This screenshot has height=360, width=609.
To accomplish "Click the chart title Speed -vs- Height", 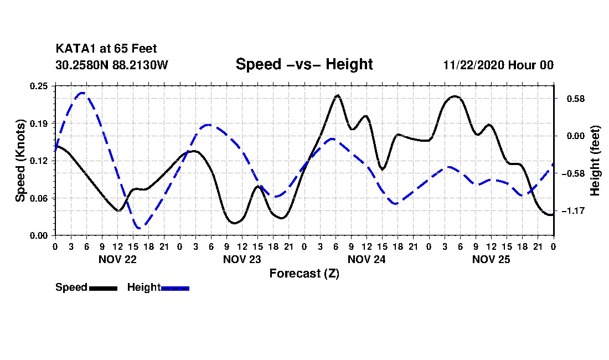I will (x=304, y=64).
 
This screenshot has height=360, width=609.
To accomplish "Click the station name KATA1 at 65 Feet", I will (x=106, y=49).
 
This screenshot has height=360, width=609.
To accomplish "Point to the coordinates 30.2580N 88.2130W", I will (x=112, y=65).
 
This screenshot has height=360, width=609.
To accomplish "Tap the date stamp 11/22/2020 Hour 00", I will (x=498, y=65).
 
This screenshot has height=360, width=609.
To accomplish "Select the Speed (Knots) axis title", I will (x=20, y=161).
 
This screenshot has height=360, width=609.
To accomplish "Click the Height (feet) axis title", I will (x=596, y=161).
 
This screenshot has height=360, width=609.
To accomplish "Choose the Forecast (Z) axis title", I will (x=304, y=273).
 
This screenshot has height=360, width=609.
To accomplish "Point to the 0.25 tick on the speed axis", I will (x=39, y=86).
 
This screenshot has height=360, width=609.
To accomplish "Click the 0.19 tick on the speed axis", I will (x=39, y=123).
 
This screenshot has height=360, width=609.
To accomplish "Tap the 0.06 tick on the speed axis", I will (x=39, y=198).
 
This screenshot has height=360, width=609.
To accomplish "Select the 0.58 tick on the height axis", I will (x=570, y=99).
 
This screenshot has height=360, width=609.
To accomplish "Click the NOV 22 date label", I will (x=117, y=259).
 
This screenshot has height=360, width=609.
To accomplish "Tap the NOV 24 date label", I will (x=367, y=259).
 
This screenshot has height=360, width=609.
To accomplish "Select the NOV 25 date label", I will (x=491, y=259).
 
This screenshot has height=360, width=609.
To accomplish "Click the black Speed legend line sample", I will (x=103, y=288).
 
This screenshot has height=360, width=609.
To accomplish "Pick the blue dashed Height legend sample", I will (x=176, y=288).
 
